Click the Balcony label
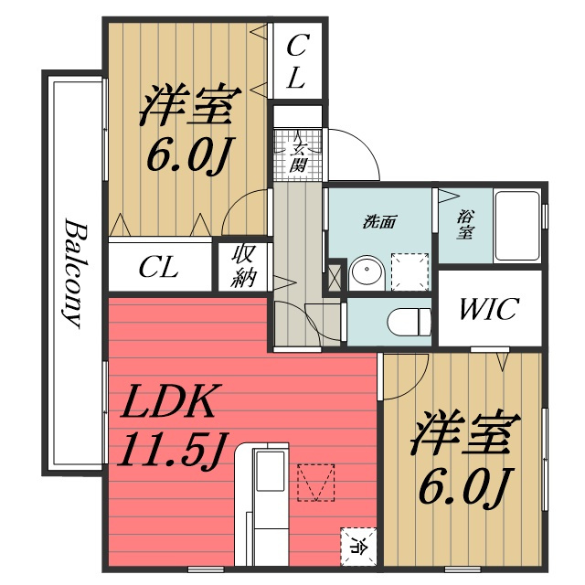(x=73, y=273)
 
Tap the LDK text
(x=169, y=402)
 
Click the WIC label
(x=490, y=309)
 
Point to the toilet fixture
(x=409, y=322)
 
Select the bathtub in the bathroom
(x=517, y=226)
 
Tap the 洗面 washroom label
(x=379, y=223)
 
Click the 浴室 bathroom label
(x=465, y=224)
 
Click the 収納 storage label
(x=243, y=267)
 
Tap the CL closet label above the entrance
(x=297, y=61)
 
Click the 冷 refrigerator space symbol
(x=357, y=548)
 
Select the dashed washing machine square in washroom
(x=409, y=271)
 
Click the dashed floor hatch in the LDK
(x=315, y=483)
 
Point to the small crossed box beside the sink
(x=335, y=278)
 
